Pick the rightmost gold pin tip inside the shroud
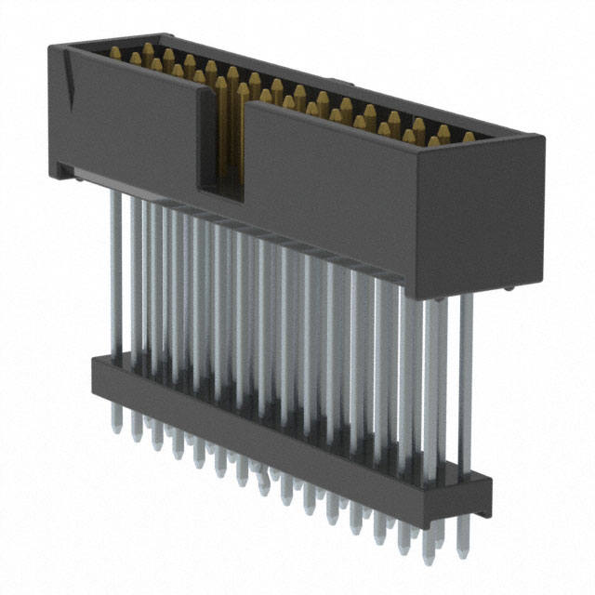click(x=469, y=137)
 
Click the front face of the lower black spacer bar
click(x=279, y=437)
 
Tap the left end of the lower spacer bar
click(x=96, y=372)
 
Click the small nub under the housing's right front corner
click(x=509, y=291)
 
